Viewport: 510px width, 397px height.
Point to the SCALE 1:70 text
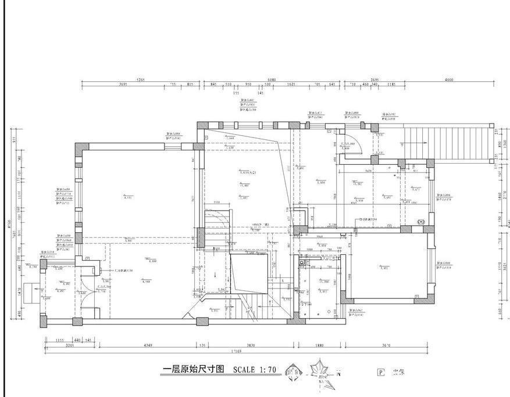pyautogui.click(x=254, y=369)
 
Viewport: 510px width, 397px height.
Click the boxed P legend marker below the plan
pyautogui.click(x=381, y=373)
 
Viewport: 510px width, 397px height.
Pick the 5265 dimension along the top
pyautogui.click(x=140, y=80)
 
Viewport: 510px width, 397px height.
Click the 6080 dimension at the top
pyautogui.click(x=271, y=80)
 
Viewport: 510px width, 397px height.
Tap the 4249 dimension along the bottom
pyautogui.click(x=148, y=346)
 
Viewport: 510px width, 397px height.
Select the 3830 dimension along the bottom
pyautogui.click(x=251, y=346)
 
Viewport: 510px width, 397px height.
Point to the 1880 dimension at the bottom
pyautogui.click(x=319, y=346)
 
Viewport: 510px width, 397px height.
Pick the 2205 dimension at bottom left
pyautogui.click(x=69, y=346)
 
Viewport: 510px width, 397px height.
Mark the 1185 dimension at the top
pyautogui.click(x=391, y=85)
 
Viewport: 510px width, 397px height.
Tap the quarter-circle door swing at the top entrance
pyautogui.click(x=360, y=142)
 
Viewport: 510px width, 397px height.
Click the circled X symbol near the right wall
pyautogui.click(x=422, y=221)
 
